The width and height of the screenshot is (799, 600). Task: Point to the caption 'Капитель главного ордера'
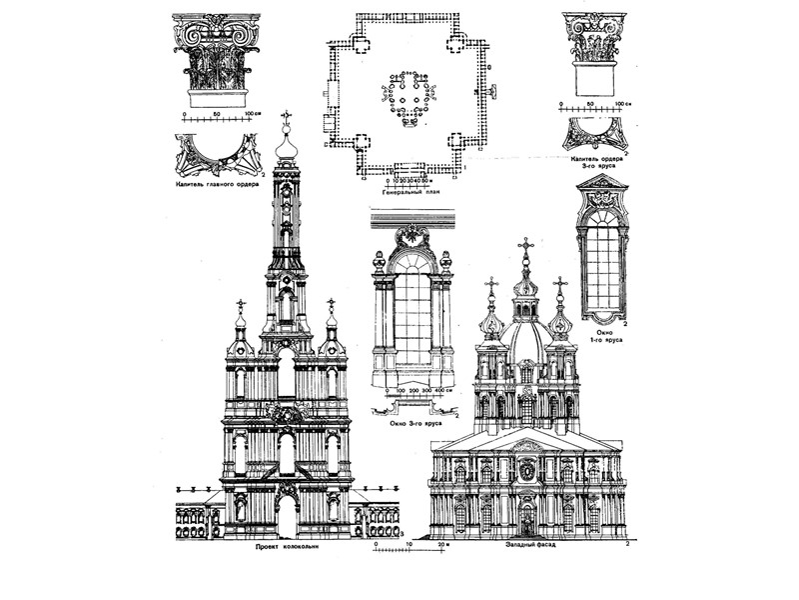218,184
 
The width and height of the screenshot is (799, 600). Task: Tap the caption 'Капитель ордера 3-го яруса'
597,164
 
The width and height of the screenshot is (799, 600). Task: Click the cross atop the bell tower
287,118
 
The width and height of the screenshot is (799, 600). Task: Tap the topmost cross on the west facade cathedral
525,245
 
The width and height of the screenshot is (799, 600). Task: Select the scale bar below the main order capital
218,117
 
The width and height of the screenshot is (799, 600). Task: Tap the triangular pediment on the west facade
527,440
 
